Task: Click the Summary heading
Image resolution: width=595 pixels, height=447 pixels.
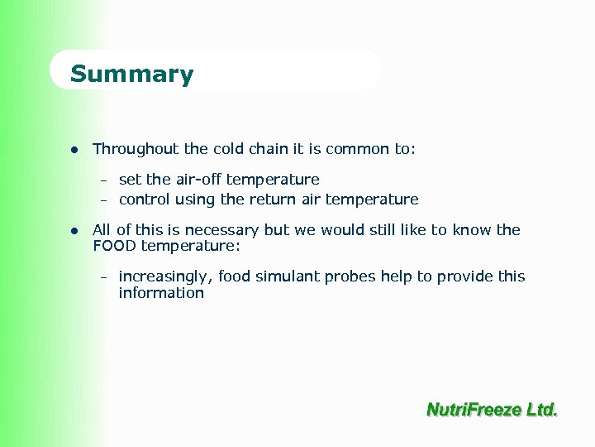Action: (131, 74)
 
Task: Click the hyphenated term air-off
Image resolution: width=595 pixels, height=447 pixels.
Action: (198, 180)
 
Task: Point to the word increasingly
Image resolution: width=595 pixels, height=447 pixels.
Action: (165, 276)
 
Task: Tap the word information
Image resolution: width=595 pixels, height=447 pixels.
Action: (161, 293)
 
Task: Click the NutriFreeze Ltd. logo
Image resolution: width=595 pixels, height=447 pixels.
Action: (492, 409)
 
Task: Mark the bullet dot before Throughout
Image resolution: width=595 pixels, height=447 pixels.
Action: (74, 150)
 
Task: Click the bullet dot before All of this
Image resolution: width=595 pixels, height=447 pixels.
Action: (74, 231)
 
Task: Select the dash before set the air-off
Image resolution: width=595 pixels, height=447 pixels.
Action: (105, 180)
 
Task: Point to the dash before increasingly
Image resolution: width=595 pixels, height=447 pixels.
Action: (105, 277)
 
